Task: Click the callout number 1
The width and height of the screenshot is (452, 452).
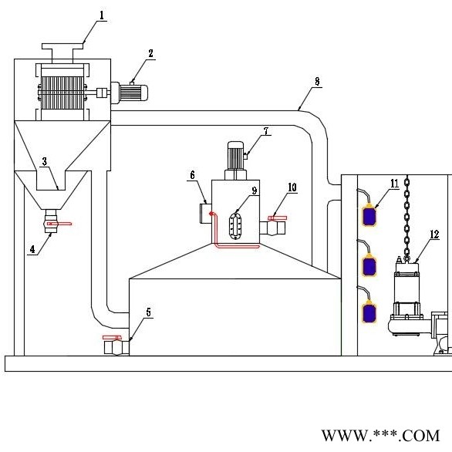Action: click(x=102, y=15)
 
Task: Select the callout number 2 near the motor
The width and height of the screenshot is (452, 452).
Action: click(x=150, y=53)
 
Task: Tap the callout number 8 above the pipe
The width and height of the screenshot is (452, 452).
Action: click(x=317, y=81)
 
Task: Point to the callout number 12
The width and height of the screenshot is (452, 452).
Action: click(x=434, y=234)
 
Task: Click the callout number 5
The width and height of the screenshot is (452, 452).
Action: click(x=148, y=312)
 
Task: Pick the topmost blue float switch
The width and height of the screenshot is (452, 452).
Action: click(x=369, y=215)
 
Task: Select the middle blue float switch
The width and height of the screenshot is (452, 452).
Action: click(x=369, y=266)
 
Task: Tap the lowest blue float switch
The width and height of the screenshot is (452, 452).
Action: click(x=369, y=312)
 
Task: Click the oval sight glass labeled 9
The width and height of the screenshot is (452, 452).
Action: click(x=235, y=227)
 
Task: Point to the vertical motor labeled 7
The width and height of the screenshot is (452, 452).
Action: click(x=236, y=160)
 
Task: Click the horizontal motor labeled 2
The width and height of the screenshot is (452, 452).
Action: click(x=130, y=93)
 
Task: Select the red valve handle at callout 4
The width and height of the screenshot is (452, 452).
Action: click(x=59, y=224)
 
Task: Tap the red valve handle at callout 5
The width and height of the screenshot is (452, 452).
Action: click(x=112, y=337)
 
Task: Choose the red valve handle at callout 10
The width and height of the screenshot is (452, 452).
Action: click(x=278, y=218)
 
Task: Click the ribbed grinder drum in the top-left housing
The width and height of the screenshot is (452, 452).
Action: click(x=62, y=93)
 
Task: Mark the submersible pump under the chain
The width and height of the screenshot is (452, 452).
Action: click(x=406, y=298)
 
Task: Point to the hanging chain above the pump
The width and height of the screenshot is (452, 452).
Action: click(x=406, y=218)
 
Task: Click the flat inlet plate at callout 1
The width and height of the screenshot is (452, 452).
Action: click(x=62, y=46)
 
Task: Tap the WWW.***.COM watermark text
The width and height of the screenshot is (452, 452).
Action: click(x=380, y=435)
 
